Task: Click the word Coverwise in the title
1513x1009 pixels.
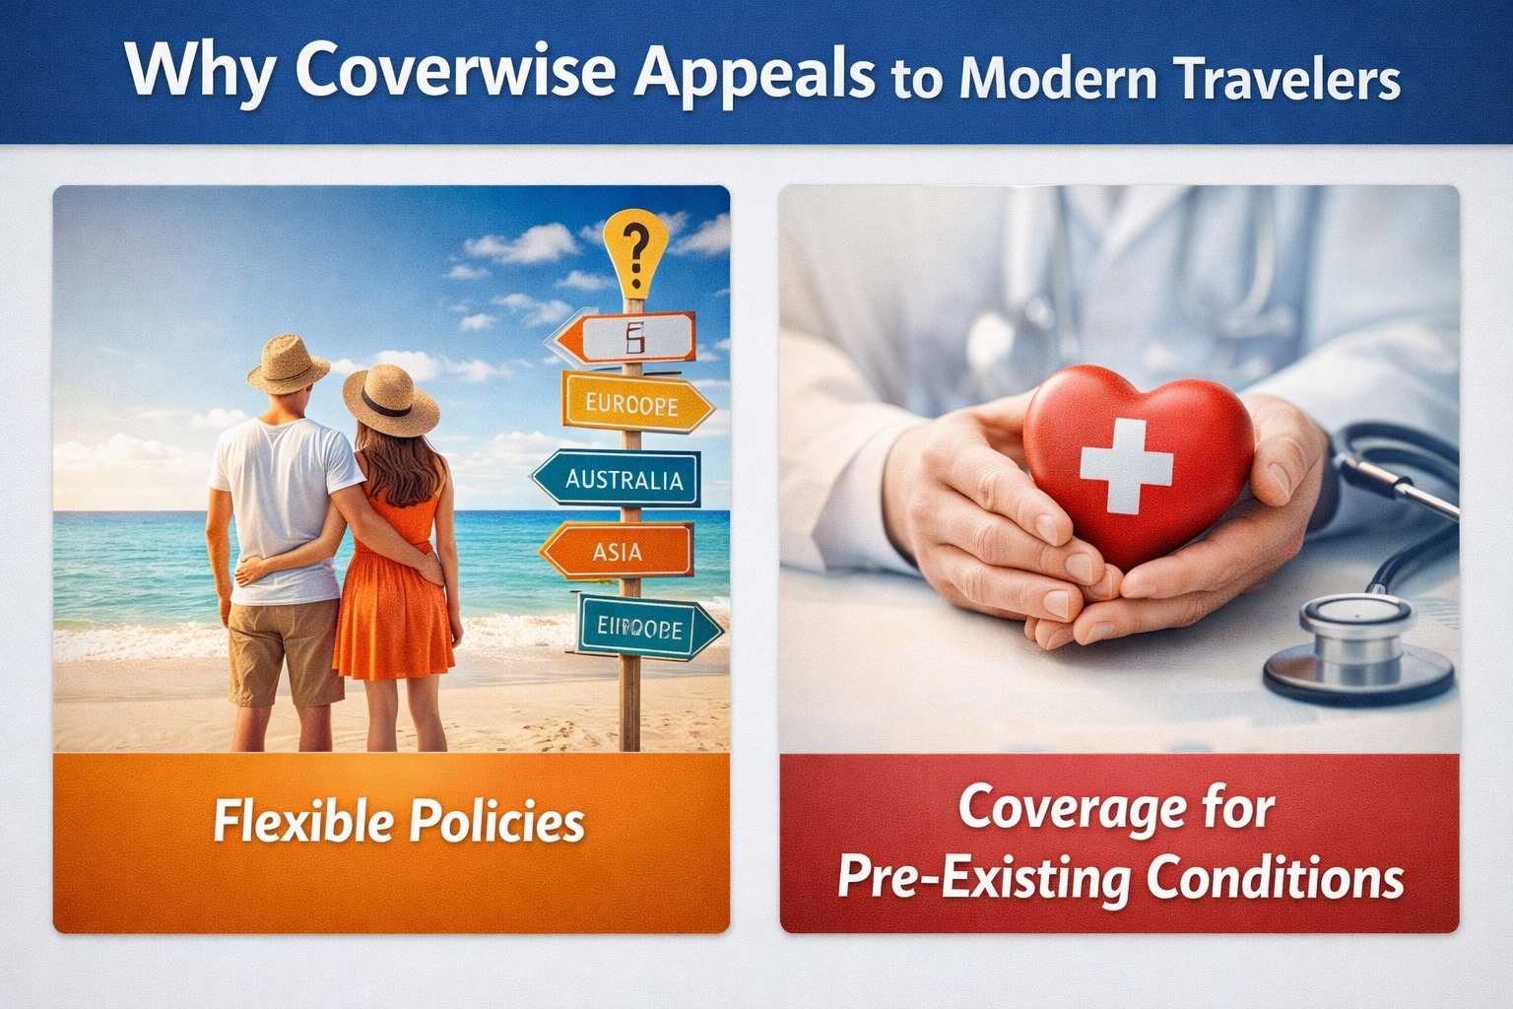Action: [455, 71]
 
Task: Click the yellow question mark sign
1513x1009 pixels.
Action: [635, 248]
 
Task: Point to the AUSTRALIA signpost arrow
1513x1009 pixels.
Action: [619, 479]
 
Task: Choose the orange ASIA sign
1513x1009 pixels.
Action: [618, 551]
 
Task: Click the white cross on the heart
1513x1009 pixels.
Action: [1126, 465]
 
